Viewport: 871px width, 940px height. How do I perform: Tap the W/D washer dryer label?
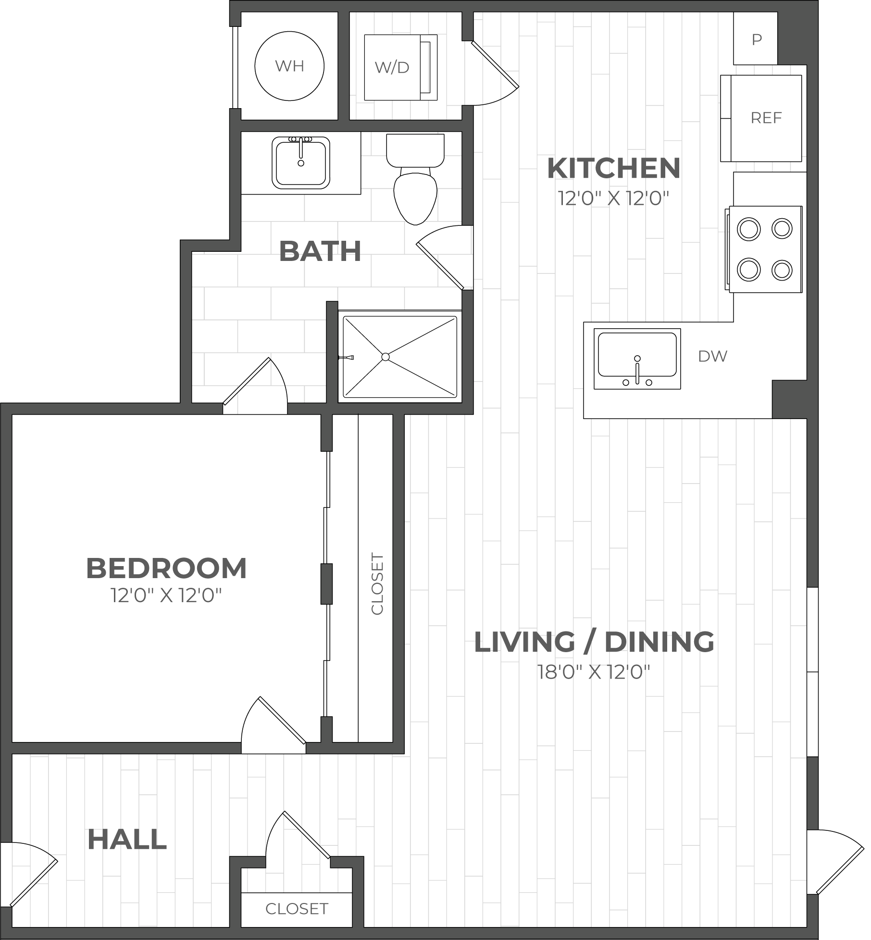click(x=392, y=68)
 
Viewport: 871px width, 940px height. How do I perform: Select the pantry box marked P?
click(x=756, y=39)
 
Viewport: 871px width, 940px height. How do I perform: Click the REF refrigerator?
click(x=761, y=118)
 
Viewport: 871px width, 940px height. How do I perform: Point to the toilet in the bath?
click(x=415, y=179)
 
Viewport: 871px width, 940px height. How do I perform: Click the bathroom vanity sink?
click(x=301, y=163)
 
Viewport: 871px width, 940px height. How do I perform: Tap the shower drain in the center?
click(x=386, y=357)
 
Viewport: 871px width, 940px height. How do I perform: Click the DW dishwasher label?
click(x=713, y=356)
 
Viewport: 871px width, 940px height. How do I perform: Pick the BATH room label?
click(x=320, y=251)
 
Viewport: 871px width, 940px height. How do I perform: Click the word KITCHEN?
click(x=614, y=168)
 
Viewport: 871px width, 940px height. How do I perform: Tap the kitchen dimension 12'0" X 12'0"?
click(x=614, y=198)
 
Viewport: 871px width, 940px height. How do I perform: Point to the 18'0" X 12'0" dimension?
click(x=594, y=672)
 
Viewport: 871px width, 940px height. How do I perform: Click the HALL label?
click(x=127, y=840)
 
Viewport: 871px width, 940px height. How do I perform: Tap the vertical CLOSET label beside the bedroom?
click(x=378, y=584)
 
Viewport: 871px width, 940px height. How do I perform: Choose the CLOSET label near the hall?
click(x=297, y=909)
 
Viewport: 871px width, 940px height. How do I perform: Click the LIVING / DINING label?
click(x=594, y=642)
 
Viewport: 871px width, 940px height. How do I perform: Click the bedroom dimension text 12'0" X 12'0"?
click(x=166, y=596)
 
